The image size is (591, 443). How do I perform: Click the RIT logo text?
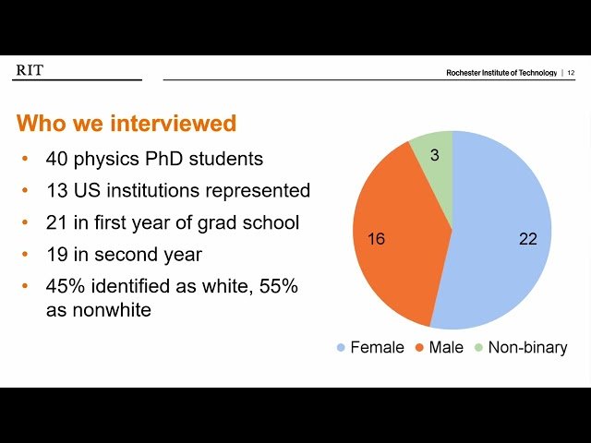click(x=30, y=70)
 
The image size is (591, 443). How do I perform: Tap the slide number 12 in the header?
click(x=571, y=73)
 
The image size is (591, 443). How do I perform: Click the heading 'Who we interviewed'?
click(x=127, y=123)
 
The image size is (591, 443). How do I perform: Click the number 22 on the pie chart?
click(x=527, y=239)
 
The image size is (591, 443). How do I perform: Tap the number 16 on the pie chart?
click(x=376, y=238)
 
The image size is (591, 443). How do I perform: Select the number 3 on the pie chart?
click(x=435, y=155)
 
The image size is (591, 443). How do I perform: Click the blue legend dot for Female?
click(x=341, y=347)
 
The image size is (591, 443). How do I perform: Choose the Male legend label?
click(x=446, y=347)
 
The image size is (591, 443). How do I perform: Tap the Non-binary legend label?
click(x=527, y=348)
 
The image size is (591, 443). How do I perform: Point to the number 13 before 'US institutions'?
click(x=57, y=190)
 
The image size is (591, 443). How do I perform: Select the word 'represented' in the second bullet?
click(x=258, y=191)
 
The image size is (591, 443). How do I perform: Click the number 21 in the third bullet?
click(x=57, y=222)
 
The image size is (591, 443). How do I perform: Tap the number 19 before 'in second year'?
click(x=57, y=255)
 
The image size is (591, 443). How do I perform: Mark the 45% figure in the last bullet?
click(x=66, y=286)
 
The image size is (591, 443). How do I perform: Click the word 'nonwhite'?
click(x=112, y=310)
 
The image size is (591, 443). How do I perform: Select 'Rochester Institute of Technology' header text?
click(x=501, y=73)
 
